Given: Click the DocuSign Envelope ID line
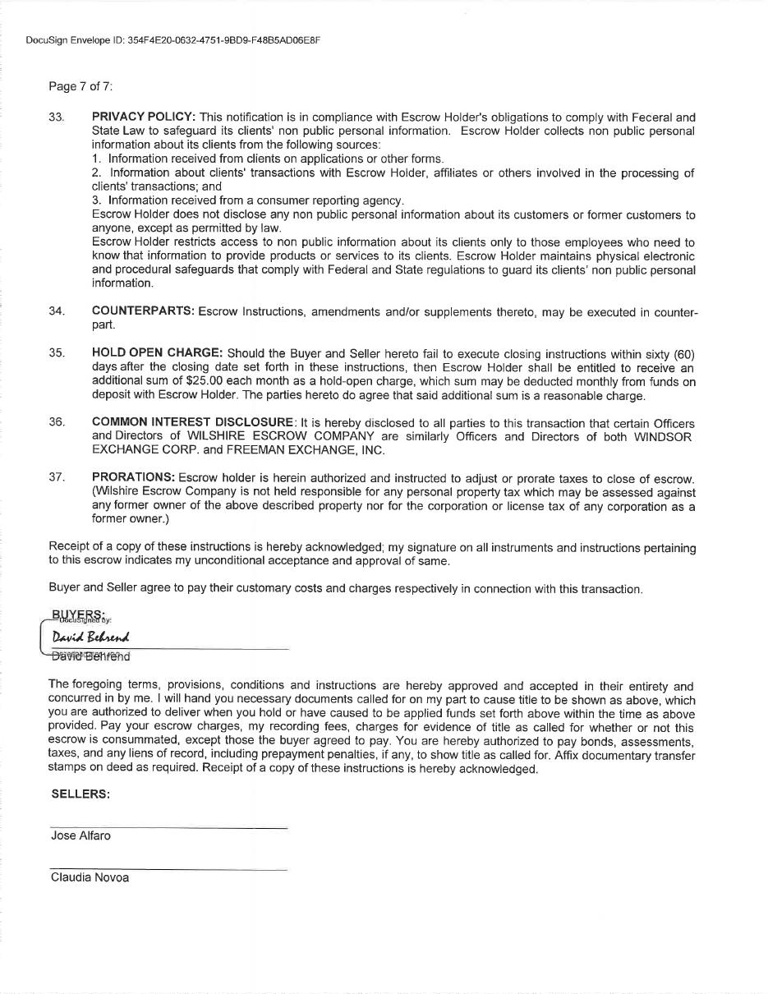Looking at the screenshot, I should pyautogui.click(x=172, y=40).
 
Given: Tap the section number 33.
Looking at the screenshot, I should pyautogui.click(x=56, y=117).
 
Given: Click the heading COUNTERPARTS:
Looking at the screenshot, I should pyautogui.click(x=143, y=311).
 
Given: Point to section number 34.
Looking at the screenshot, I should pyautogui.click(x=56, y=311).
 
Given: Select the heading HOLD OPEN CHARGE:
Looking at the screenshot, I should pyautogui.click(x=157, y=354).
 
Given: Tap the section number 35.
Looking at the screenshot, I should pyautogui.click(x=56, y=354).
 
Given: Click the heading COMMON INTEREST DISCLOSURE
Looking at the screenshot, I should pyautogui.click(x=192, y=422).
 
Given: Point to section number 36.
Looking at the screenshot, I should pyautogui.click(x=56, y=422).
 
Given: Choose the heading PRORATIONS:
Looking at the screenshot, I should pyautogui.click(x=133, y=478).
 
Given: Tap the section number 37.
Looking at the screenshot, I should pyautogui.click(x=56, y=478).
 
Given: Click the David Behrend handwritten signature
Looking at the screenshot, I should pyautogui.click(x=90, y=637).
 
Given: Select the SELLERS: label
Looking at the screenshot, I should pyautogui.click(x=80, y=794).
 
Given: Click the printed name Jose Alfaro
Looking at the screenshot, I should pyautogui.click(x=80, y=836).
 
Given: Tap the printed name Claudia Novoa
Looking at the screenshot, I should pyautogui.click(x=90, y=877).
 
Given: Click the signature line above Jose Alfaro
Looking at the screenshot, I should pyautogui.click(x=168, y=827).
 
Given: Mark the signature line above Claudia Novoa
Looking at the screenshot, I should pyautogui.click(x=168, y=868).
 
